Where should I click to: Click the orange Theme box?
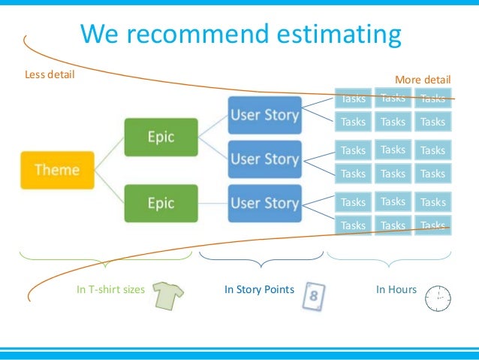tap(56, 170)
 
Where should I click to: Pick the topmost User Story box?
tap(264, 116)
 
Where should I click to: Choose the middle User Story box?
tap(264, 159)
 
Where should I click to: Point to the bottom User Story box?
tap(264, 203)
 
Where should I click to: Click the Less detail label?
tap(50, 74)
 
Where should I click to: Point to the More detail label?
tap(423, 80)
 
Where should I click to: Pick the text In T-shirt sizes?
tap(110, 289)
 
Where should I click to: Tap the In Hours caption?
tap(396, 289)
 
